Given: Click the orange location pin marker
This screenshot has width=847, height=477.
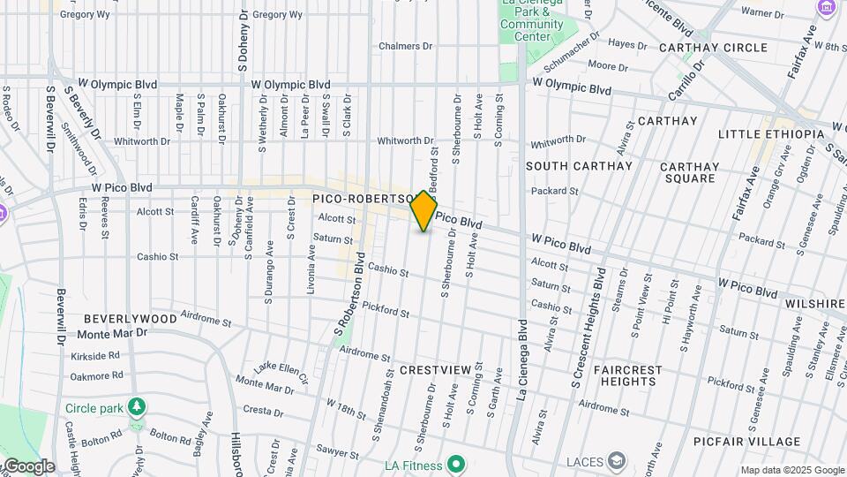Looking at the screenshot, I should (424, 211).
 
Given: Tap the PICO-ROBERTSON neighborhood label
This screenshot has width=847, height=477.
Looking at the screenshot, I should (363, 200).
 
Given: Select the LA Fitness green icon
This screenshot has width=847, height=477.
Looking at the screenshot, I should (455, 464).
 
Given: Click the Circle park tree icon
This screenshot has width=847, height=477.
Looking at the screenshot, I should (136, 407).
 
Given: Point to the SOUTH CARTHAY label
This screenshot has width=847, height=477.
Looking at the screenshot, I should (579, 166).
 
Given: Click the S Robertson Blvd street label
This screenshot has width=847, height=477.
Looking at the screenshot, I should (350, 297).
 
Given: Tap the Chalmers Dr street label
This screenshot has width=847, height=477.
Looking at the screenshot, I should (406, 46).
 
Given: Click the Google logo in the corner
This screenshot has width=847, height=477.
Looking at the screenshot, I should (28, 466).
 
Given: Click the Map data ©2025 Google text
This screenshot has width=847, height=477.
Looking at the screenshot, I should (791, 471).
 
